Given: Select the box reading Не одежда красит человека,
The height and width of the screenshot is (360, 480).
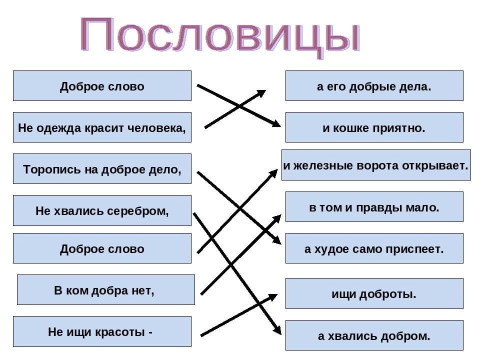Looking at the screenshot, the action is [102, 127].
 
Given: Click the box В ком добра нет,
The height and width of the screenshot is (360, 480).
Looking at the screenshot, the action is [106, 289].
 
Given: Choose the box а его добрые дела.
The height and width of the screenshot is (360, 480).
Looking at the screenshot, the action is [374, 85].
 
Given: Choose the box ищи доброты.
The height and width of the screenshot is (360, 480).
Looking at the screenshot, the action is [374, 293].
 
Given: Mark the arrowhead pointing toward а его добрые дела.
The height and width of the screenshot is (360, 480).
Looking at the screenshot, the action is [261, 93].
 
